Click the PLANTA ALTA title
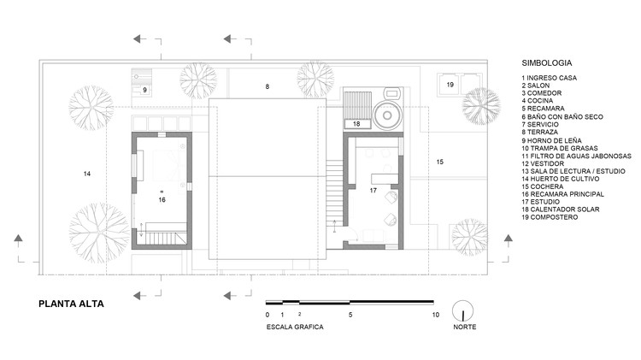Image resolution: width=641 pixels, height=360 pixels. (x=71, y=304)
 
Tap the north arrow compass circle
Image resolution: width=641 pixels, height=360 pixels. (x=462, y=302)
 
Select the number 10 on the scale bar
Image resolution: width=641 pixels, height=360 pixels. (x=435, y=315)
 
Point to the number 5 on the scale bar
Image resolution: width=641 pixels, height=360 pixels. (x=350, y=315)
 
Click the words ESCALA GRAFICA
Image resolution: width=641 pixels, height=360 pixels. (x=295, y=327)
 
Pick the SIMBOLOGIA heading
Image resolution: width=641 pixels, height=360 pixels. (x=547, y=63)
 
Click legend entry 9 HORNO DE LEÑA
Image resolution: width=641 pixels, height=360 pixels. (x=551, y=140)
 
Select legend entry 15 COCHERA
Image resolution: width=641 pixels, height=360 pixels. (x=543, y=186)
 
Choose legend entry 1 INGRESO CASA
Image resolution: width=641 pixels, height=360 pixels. (x=549, y=78)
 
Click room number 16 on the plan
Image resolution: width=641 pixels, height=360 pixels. (x=162, y=199)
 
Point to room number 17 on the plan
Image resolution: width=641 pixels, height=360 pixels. (x=373, y=190)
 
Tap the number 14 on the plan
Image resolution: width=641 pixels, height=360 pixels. (x=86, y=174)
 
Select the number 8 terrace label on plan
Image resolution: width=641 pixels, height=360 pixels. (x=268, y=86)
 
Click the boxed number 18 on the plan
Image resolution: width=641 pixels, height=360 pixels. (x=356, y=123)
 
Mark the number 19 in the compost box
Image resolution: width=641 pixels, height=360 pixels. (x=450, y=85)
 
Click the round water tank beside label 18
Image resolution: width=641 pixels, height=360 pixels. (x=387, y=115)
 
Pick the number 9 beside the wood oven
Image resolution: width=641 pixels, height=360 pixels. (x=144, y=90)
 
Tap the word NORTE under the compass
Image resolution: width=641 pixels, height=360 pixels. (x=465, y=327)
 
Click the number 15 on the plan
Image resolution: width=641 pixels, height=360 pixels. (x=440, y=162)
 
